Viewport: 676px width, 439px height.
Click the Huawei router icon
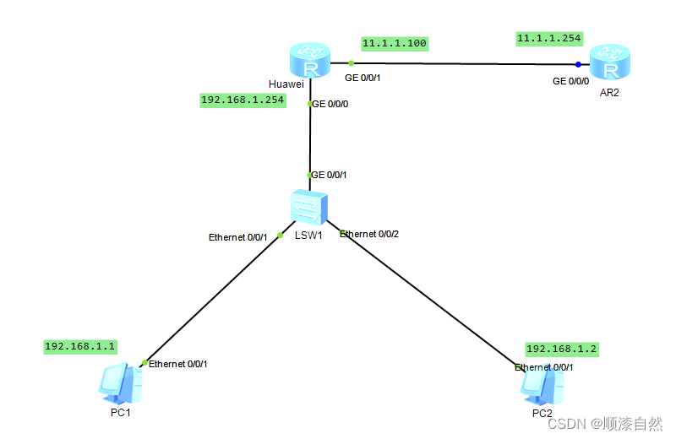point(309,60)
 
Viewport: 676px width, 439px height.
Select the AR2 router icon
point(609,62)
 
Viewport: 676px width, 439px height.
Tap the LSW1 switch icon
point(308,207)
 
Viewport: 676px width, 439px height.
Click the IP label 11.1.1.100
point(395,43)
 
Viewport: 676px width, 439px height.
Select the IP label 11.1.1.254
point(549,38)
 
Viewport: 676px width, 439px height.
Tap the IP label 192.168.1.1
point(80,346)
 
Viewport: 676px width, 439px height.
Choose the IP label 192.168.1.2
point(562,348)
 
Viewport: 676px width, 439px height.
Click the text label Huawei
point(286,84)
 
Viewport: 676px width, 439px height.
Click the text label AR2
point(609,93)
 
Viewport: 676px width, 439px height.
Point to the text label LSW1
point(308,236)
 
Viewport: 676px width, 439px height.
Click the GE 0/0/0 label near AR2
point(570,81)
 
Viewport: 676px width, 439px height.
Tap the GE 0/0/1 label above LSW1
point(330,175)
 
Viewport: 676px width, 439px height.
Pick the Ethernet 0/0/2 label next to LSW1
point(369,234)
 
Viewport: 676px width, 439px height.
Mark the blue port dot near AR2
point(579,64)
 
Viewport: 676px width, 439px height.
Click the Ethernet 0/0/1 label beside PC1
point(177,364)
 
